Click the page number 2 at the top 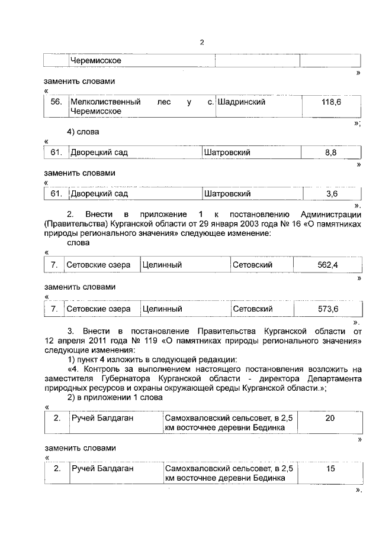[202, 42]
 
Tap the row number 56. [56, 102]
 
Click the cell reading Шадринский [241, 102]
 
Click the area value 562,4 [327, 265]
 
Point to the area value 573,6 [327, 309]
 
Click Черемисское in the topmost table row [96, 60]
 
